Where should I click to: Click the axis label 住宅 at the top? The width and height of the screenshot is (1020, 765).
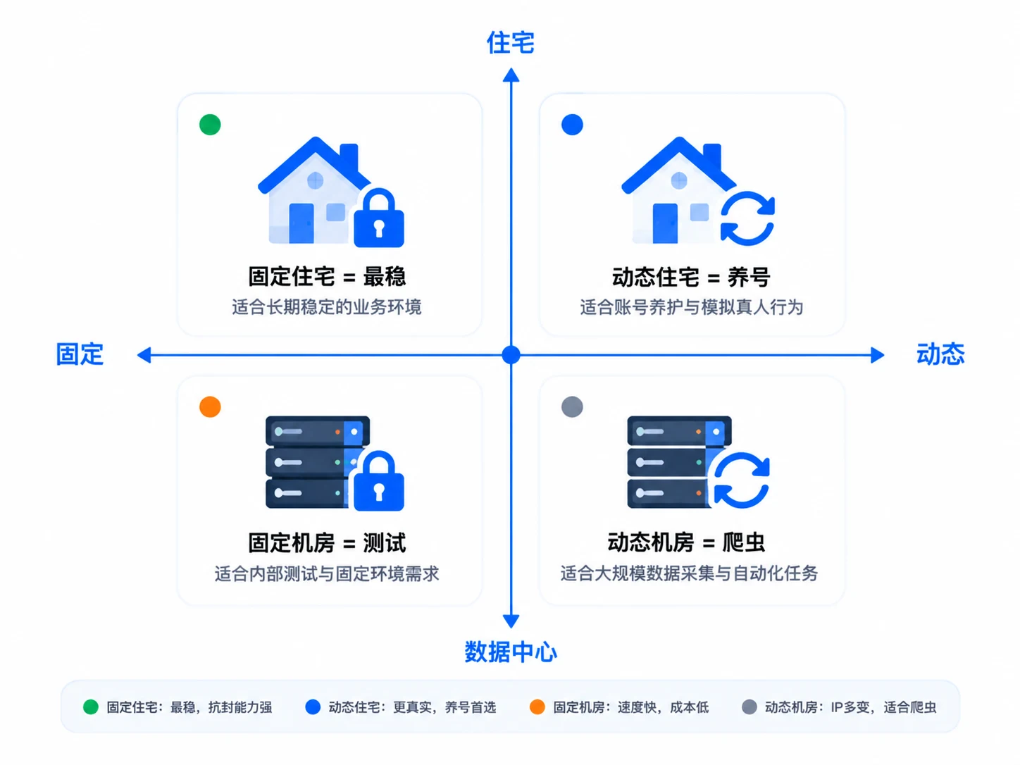coord(510,42)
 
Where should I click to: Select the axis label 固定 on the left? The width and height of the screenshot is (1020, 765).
coord(80,354)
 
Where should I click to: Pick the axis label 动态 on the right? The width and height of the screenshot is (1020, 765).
coord(940,354)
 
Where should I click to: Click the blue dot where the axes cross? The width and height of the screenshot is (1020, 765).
coord(511,355)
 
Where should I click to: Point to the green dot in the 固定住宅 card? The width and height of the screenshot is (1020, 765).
coord(210,125)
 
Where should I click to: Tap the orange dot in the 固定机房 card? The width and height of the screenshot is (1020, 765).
coord(210,407)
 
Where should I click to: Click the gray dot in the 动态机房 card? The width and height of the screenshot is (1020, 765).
coord(571,407)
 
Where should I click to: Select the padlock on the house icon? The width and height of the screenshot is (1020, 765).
coord(379,218)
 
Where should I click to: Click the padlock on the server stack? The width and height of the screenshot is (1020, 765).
coord(379,481)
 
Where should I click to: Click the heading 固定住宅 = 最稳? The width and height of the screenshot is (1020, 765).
coord(327,276)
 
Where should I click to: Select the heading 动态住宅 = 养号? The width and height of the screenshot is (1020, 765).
coord(690,277)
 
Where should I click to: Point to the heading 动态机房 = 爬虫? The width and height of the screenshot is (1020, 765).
coord(686,542)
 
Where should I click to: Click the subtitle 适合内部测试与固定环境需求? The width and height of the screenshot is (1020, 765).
coord(326,573)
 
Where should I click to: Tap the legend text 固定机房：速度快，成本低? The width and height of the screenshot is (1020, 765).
coord(630,707)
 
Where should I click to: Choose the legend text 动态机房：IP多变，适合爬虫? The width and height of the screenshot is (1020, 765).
coord(850,707)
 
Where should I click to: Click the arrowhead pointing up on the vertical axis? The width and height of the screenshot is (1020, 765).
coord(511,75)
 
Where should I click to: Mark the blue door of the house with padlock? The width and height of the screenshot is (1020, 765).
coord(301,223)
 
